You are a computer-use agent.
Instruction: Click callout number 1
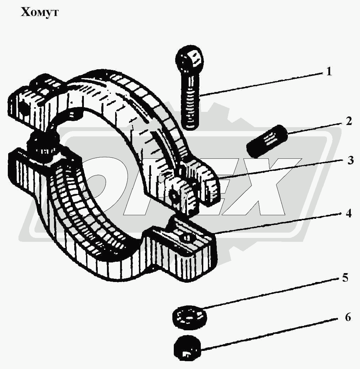click(329, 71)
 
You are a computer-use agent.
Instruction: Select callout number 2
click(349, 121)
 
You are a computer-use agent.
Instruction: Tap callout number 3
click(350, 160)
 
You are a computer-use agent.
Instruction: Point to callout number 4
click(349, 213)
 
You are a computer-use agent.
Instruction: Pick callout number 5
click(345, 278)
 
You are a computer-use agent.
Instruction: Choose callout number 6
click(348, 317)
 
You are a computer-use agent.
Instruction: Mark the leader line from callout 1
click(261, 85)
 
